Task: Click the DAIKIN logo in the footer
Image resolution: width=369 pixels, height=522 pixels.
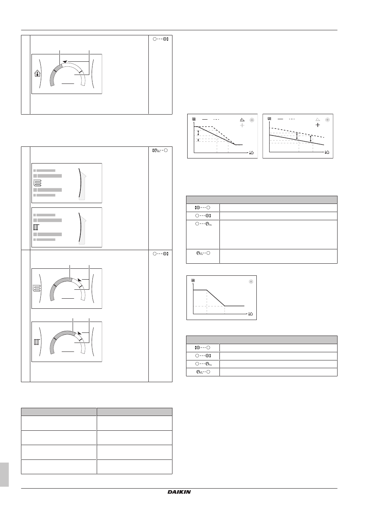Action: (x=179, y=492)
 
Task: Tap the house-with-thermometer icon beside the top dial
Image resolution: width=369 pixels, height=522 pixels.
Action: (x=37, y=74)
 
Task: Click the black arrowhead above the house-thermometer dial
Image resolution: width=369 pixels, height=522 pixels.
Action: (x=65, y=61)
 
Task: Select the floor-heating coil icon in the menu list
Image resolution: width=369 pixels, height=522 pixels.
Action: (x=38, y=183)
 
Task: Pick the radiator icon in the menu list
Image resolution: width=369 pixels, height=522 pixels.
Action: (x=37, y=227)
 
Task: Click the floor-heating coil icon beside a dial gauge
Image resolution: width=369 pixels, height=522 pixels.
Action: (x=38, y=289)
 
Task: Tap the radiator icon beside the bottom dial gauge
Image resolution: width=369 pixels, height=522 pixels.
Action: (x=37, y=342)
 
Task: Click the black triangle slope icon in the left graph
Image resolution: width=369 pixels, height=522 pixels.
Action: (x=242, y=120)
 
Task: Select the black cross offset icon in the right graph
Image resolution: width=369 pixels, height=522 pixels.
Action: (x=317, y=125)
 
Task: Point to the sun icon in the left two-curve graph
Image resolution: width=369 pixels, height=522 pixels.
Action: (x=252, y=120)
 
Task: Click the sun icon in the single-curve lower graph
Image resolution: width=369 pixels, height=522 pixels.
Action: (x=251, y=282)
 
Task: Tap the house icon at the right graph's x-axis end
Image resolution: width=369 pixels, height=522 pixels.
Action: (x=327, y=152)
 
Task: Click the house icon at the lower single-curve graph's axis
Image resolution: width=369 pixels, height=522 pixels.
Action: (x=251, y=314)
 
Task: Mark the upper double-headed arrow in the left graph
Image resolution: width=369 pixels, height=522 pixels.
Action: (x=198, y=133)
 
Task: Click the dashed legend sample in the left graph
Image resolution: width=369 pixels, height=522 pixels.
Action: (x=216, y=119)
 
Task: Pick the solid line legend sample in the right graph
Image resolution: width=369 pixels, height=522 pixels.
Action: (x=280, y=119)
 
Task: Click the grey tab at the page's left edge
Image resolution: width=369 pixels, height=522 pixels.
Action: (x=4, y=475)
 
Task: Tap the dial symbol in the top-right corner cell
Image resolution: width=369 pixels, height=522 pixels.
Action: (x=160, y=39)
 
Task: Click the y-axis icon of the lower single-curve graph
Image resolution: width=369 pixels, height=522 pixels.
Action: (x=193, y=280)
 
